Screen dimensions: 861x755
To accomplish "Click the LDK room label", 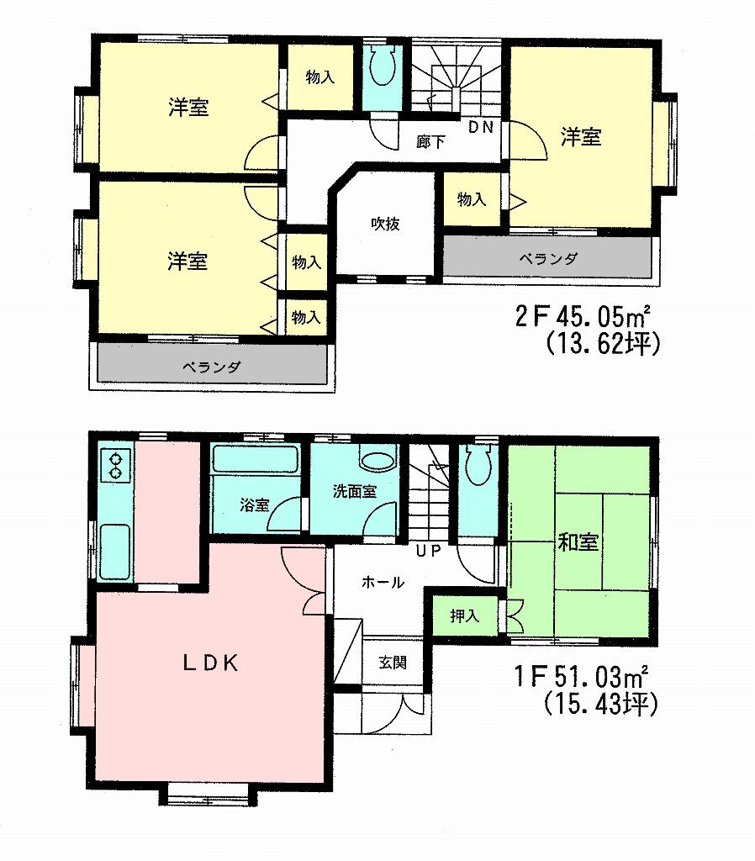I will [212, 663].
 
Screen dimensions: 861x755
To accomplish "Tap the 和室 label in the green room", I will [578, 542].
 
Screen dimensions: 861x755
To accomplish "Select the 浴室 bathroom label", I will [254, 505].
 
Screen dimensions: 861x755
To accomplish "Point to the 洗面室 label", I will [353, 492].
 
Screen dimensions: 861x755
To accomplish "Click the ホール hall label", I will [383, 582].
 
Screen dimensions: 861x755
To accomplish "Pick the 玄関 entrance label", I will [393, 663].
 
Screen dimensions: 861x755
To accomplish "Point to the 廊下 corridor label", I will [430, 142].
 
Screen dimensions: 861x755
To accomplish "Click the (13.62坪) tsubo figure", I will [599, 344].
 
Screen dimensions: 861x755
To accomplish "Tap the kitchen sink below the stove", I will [114, 551].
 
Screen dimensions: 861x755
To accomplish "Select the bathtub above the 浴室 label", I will [255, 460].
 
